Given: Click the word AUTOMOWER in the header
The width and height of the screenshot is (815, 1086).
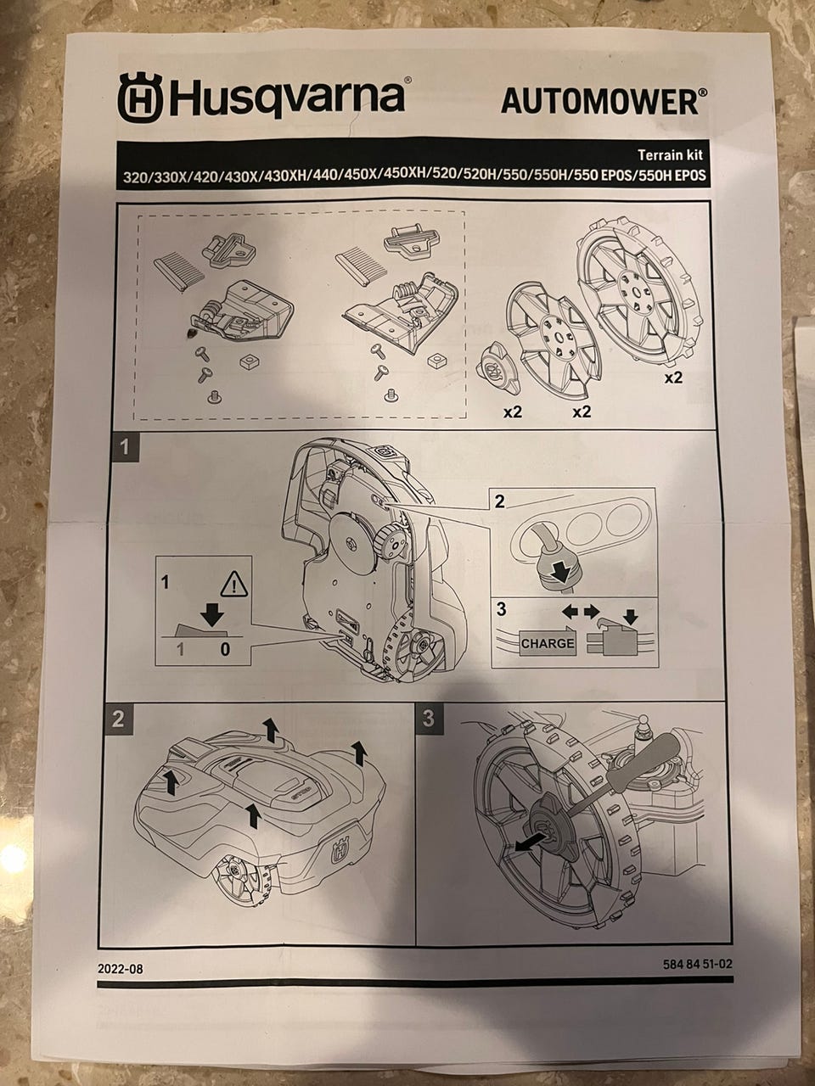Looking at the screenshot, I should point(599,101).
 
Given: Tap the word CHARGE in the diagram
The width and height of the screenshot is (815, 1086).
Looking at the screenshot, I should point(547,643).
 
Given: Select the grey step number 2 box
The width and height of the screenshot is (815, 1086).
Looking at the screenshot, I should point(118,719).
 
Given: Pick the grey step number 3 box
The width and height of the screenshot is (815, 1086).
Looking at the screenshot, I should point(428,718).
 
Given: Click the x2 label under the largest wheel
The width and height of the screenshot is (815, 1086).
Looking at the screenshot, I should point(672,378).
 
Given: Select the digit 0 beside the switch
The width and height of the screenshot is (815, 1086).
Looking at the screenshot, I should point(224,649).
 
